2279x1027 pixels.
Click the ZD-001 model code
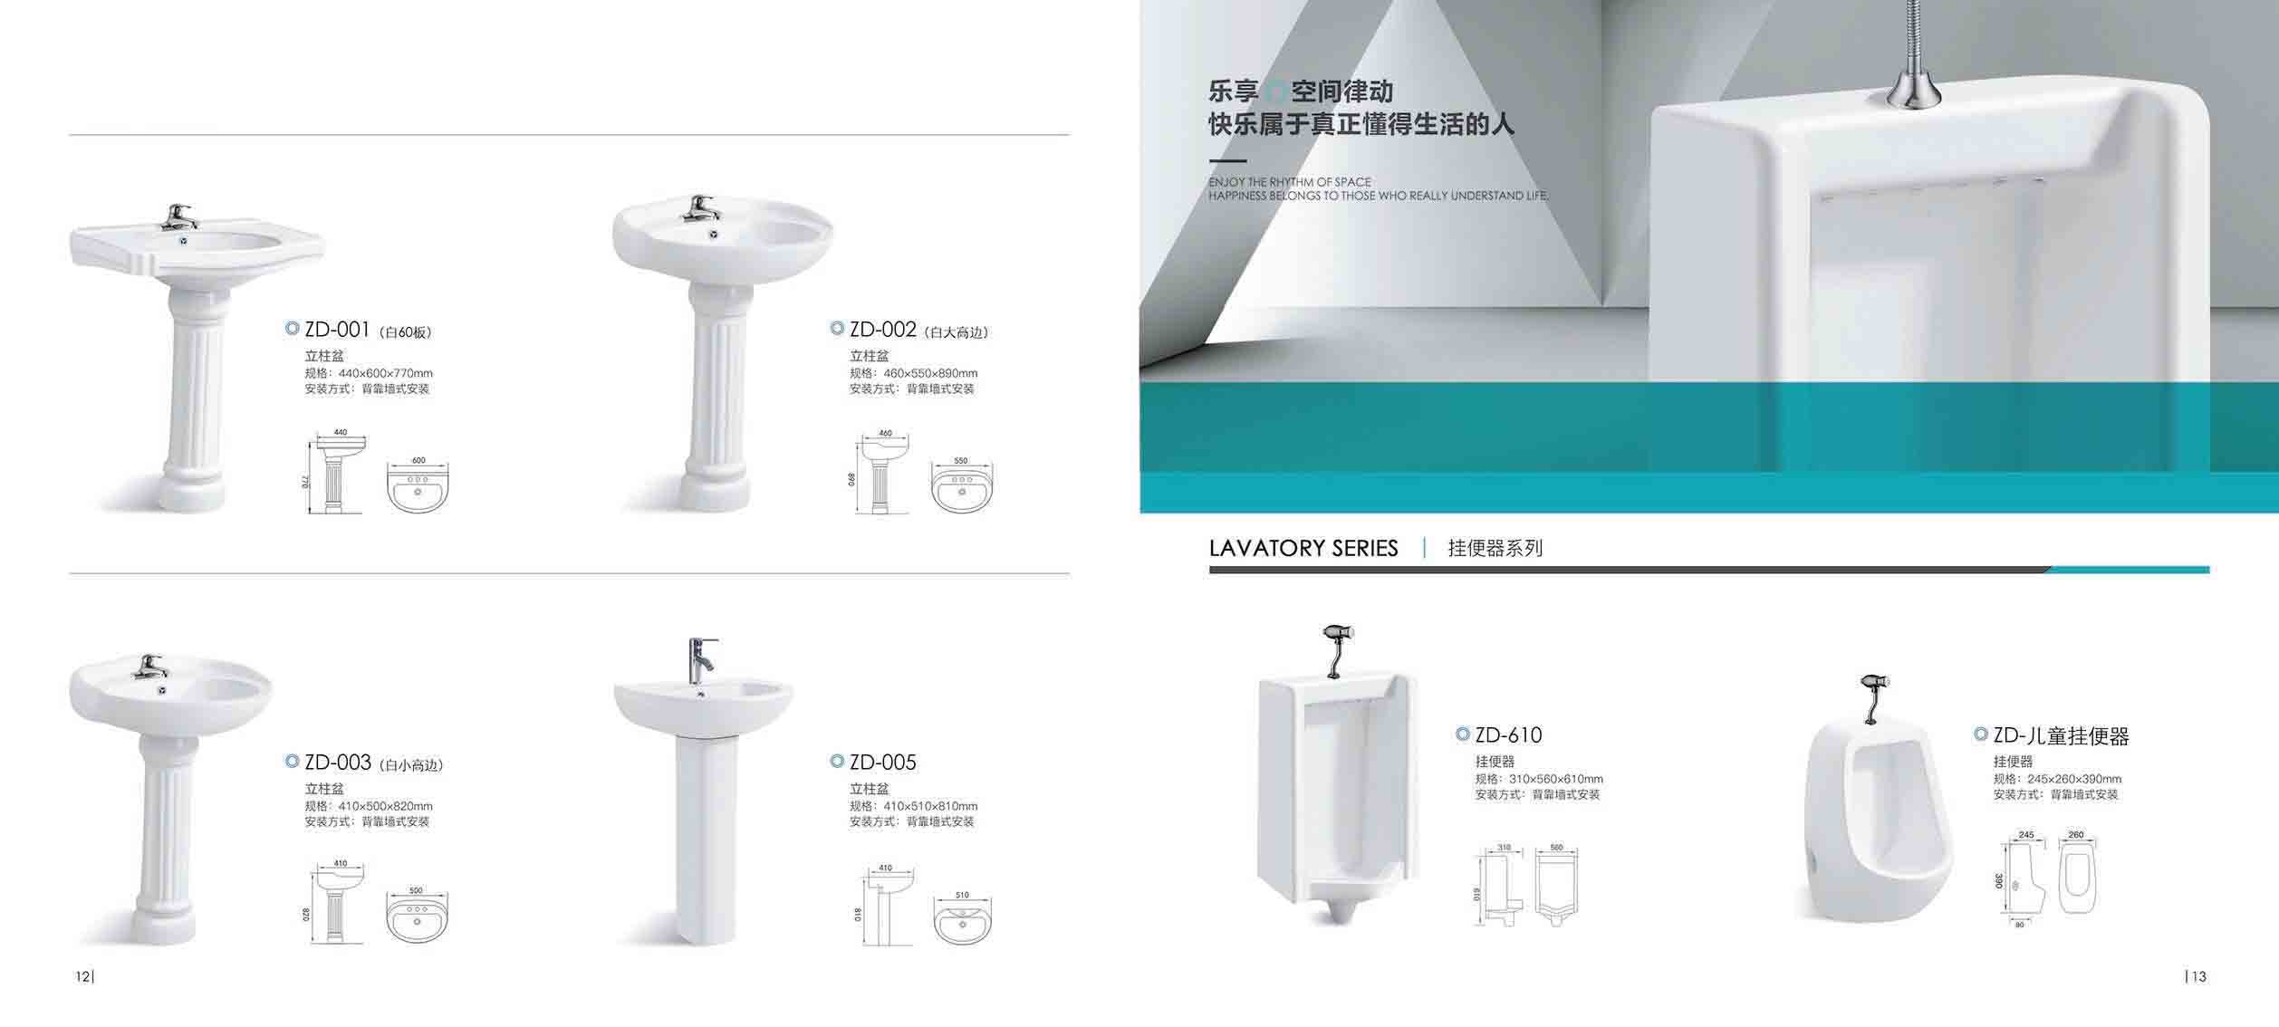[x=337, y=329]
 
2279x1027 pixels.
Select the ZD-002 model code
[x=882, y=329]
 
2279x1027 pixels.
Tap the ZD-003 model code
[x=338, y=762]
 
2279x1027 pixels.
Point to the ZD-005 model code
[x=882, y=762]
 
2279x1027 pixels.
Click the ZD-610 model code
[x=1508, y=734]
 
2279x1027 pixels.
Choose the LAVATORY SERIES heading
[x=1303, y=548]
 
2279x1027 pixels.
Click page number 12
[x=82, y=976]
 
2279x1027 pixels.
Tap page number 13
[x=2199, y=976]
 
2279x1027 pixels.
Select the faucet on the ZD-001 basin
[x=179, y=216]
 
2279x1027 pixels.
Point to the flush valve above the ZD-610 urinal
[x=1337, y=648]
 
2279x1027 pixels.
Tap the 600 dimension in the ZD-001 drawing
[x=418, y=460]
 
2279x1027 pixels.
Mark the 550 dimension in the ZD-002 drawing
[x=961, y=461]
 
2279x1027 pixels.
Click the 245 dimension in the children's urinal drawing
[x=2026, y=834]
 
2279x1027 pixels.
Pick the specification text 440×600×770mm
[x=386, y=373]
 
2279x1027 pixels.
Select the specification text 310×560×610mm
[x=1556, y=779]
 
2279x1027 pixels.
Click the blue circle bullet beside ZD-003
[x=292, y=761]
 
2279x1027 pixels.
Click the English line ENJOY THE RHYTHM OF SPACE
[x=1289, y=182]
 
